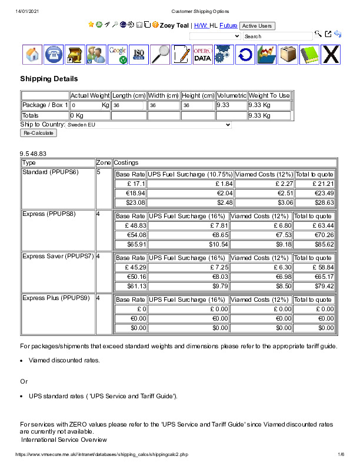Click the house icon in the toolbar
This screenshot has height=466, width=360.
(33, 55)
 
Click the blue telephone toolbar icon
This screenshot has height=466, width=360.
(54, 55)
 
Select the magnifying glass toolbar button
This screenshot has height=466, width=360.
(160, 55)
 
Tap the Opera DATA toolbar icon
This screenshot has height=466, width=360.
(202, 55)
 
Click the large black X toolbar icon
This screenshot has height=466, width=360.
(331, 55)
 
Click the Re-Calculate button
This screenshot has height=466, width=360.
(38, 133)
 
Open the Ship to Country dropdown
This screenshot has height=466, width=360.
(149, 125)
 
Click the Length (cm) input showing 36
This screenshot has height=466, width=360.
(128, 105)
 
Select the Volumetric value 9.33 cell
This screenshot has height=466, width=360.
(231, 105)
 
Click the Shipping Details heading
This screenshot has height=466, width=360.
(49, 79)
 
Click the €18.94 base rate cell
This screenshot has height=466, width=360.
(131, 193)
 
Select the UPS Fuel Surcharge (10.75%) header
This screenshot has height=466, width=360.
(190, 175)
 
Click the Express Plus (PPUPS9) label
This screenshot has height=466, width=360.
(56, 298)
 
